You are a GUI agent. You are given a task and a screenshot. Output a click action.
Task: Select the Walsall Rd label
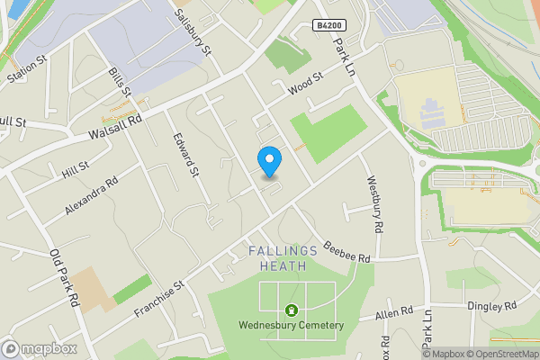tap(115, 127)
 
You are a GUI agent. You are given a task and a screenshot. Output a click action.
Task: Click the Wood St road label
tap(305, 85)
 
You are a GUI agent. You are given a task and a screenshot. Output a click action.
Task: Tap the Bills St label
tap(120, 83)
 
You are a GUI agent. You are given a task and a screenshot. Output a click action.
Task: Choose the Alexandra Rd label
tap(91, 195)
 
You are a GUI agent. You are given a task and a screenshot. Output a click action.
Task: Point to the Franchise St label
tap(159, 298)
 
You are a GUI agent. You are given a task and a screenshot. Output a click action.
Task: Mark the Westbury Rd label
tap(375, 202)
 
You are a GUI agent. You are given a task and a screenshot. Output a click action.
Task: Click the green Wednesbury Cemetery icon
tap(290, 310)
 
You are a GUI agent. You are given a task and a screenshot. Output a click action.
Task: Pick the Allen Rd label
tap(394, 313)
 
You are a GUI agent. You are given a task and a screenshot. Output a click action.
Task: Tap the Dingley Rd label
tap(491, 306)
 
